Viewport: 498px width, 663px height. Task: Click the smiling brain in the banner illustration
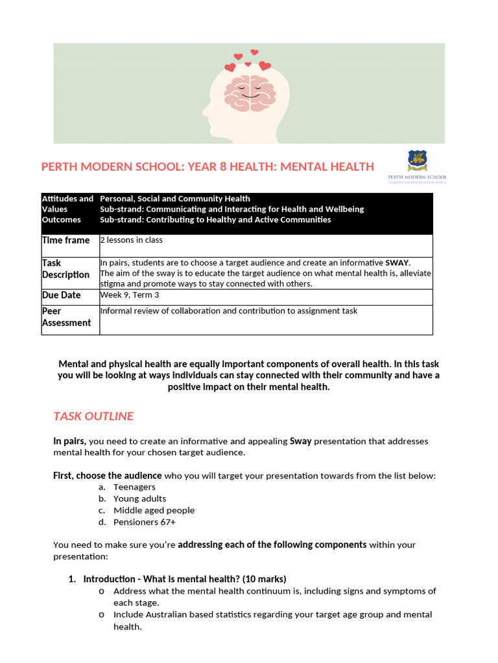click(249, 90)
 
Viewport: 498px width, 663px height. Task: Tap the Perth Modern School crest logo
click(417, 161)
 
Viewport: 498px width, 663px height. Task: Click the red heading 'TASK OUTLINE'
click(93, 416)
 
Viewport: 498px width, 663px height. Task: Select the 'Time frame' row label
click(66, 240)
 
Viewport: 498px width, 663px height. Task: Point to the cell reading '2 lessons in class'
click(132, 240)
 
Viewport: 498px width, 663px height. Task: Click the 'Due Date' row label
click(62, 295)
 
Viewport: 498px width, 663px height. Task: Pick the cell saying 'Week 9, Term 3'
click(130, 295)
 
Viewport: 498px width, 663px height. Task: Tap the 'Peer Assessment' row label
click(66, 317)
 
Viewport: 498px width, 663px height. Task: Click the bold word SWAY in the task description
click(397, 263)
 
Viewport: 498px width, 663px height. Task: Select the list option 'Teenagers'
click(134, 487)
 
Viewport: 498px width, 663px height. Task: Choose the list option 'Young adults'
click(139, 499)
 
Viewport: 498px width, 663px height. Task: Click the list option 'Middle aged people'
click(154, 510)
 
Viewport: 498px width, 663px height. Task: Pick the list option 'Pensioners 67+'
click(145, 522)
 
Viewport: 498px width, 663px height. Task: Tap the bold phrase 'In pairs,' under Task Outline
click(70, 441)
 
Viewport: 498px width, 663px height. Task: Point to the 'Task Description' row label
click(65, 269)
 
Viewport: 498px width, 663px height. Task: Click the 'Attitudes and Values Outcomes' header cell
click(67, 209)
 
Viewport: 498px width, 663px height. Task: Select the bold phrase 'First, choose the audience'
click(108, 476)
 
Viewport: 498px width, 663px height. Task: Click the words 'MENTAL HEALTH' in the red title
click(327, 166)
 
